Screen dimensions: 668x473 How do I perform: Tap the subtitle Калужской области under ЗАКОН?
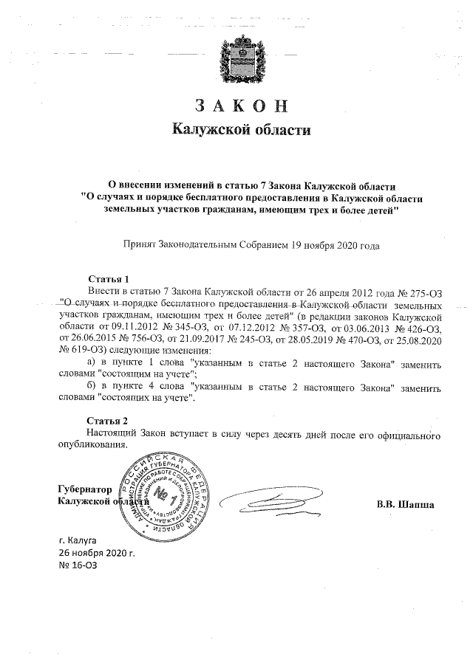[236, 130]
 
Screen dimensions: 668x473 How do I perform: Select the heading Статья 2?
[108, 420]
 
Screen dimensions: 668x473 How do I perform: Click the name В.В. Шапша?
[405, 505]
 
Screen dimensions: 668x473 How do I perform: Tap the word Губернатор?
[84, 489]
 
